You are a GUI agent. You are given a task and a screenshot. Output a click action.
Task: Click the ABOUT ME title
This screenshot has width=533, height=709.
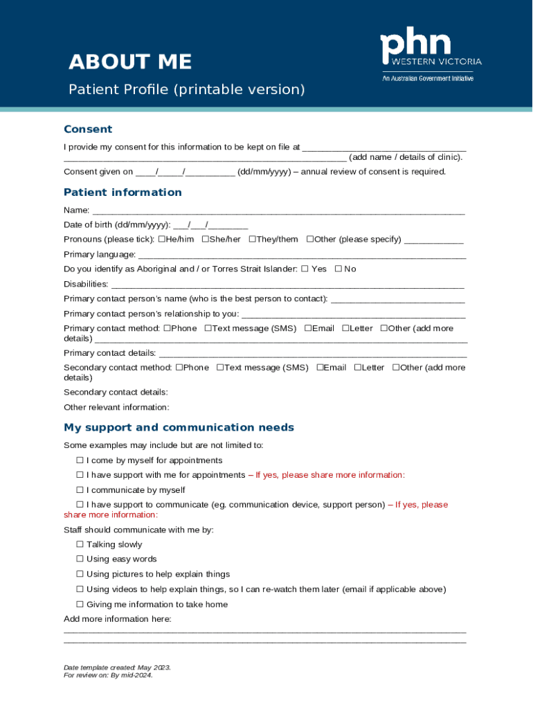[x=129, y=62]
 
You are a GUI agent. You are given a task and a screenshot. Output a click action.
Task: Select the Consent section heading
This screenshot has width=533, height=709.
[x=88, y=129]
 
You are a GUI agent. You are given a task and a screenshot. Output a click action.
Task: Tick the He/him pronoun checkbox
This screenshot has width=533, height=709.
[x=161, y=240]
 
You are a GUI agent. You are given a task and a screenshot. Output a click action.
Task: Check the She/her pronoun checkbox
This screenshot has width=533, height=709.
[x=206, y=240]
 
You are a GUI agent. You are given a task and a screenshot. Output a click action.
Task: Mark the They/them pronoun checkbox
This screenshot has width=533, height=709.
[x=252, y=240]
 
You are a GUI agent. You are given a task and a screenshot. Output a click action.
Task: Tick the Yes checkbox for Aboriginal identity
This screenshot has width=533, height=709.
[x=305, y=269]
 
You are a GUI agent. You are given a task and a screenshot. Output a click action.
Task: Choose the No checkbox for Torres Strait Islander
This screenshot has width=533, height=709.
[x=338, y=269]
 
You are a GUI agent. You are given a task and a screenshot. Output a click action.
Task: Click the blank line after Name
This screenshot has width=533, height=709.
[x=278, y=211]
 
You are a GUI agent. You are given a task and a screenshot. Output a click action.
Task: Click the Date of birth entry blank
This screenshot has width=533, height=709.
[x=210, y=226]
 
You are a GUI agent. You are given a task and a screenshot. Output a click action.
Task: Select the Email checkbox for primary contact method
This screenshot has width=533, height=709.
[x=308, y=329]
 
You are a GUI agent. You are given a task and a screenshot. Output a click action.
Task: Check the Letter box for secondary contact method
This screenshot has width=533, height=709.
[x=358, y=368]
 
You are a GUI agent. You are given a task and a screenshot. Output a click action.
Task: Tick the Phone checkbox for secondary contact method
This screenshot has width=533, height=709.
[x=179, y=368]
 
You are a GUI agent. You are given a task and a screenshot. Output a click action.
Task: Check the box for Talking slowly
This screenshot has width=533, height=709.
[x=80, y=545]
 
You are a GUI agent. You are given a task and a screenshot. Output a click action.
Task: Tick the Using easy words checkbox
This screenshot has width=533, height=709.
[x=80, y=559]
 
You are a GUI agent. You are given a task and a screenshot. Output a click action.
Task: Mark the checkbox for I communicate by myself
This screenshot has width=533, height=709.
[x=80, y=490]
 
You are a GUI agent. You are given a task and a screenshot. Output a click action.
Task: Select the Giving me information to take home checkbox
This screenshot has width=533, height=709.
[x=80, y=604]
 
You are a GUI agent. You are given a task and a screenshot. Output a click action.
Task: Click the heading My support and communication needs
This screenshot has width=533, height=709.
[x=179, y=428]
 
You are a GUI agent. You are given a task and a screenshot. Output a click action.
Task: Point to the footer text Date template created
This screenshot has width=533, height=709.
[x=117, y=667]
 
